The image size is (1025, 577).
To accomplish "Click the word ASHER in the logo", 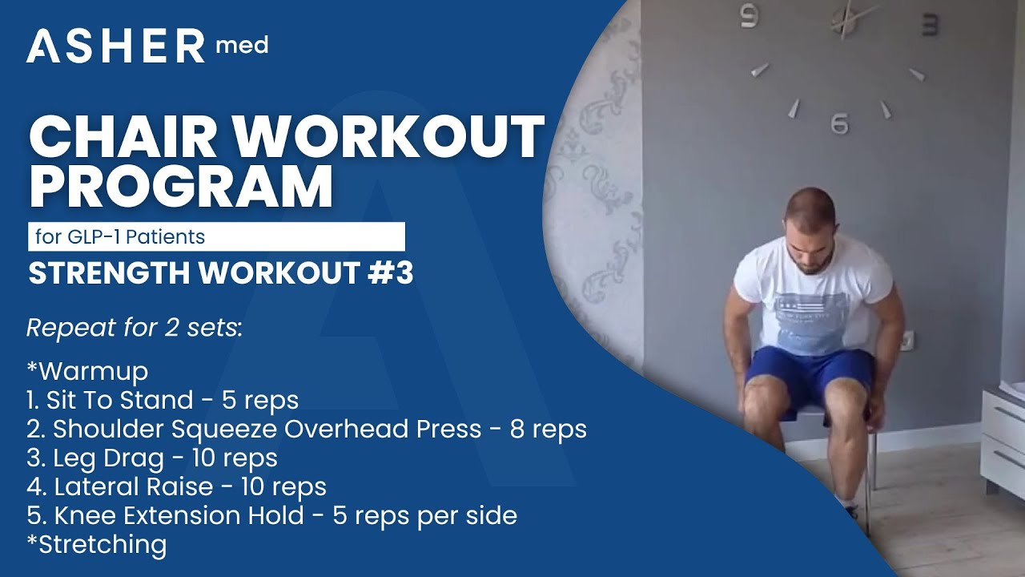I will click(116, 47).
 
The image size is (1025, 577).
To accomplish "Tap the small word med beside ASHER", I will click(242, 46).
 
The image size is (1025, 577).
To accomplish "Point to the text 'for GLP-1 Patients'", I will click(120, 237).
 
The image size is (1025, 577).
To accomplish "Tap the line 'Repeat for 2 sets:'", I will click(134, 328).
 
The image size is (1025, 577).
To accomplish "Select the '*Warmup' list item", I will click(87, 372).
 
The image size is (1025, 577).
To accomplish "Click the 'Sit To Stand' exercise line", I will click(162, 400).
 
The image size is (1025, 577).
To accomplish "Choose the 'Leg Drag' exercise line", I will click(152, 458).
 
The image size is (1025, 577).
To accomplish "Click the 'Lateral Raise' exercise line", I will click(176, 486).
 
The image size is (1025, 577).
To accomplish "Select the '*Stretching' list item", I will click(97, 544).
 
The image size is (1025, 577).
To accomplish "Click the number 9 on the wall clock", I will click(750, 16).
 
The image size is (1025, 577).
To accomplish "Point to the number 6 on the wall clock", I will click(839, 124).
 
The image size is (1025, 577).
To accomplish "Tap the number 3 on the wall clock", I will click(931, 24).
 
